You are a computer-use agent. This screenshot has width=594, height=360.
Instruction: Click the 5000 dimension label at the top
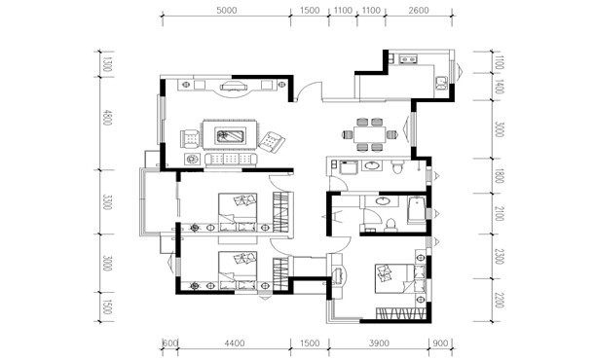click(227, 11)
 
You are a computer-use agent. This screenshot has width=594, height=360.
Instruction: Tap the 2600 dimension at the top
click(419, 11)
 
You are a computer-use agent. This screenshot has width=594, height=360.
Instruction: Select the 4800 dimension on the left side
click(107, 118)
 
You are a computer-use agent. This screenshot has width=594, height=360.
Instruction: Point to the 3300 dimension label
click(107, 202)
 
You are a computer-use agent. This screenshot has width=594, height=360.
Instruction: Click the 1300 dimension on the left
click(107, 64)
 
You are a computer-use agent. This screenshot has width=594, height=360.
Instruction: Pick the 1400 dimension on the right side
click(500, 87)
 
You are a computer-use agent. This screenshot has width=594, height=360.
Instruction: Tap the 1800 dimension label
click(500, 176)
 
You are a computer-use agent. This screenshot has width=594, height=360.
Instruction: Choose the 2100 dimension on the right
click(500, 214)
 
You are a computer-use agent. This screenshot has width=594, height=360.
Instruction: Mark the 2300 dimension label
click(500, 256)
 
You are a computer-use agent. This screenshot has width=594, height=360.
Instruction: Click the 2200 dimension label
click(500, 300)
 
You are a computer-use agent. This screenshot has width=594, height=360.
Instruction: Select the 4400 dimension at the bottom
click(234, 343)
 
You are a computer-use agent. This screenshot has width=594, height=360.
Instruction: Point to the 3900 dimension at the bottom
click(379, 343)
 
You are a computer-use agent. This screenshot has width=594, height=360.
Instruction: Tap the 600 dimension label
click(170, 343)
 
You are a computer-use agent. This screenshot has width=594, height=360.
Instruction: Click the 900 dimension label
click(440, 343)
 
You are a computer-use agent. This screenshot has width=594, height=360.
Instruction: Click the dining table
click(370, 134)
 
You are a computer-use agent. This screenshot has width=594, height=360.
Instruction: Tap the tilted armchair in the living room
click(272, 142)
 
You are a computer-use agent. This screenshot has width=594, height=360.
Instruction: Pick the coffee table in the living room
click(230, 135)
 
